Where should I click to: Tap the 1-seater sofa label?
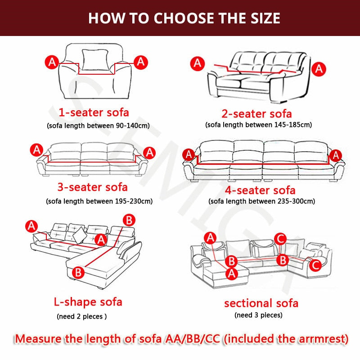click(94, 112)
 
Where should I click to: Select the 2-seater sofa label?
click(256, 113)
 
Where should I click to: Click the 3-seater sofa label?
click(92, 186)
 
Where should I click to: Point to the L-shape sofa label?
click(88, 301)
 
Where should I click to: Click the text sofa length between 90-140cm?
click(98, 126)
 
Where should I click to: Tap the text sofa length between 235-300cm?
click(262, 201)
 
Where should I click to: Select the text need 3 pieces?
click(258, 315)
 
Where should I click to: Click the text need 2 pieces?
click(81, 316)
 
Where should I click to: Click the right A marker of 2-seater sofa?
click(319, 68)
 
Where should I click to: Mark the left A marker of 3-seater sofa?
click(36, 150)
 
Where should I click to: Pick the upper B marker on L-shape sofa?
click(129, 220)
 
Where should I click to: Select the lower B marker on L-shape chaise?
click(77, 272)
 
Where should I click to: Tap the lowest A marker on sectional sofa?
click(232, 273)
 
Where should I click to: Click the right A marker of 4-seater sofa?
click(335, 155)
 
